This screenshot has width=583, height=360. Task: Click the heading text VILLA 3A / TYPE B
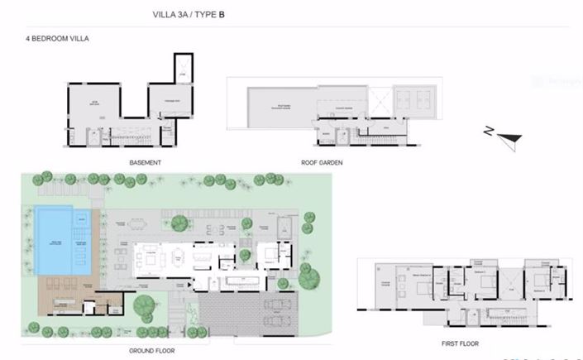click(189, 14)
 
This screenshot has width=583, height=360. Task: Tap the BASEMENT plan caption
click(145, 162)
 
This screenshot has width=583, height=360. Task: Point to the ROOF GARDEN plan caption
click(323, 162)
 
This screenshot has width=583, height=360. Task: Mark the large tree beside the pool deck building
click(145, 306)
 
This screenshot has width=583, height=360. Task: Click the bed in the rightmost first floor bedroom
click(548, 287)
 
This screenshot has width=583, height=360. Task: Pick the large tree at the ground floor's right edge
click(308, 278)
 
